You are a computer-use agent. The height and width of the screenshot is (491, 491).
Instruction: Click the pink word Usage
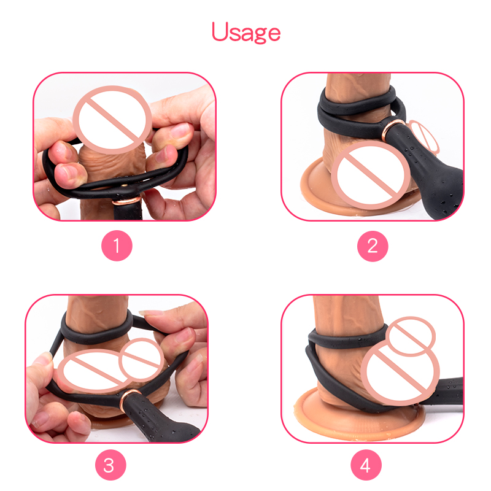click(x=246, y=33)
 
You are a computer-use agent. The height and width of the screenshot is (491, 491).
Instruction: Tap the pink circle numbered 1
click(x=117, y=245)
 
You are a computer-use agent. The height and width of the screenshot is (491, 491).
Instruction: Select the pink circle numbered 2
click(x=373, y=246)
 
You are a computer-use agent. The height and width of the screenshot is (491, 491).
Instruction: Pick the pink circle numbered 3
click(x=110, y=465)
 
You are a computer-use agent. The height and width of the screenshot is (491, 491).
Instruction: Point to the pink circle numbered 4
click(x=366, y=465)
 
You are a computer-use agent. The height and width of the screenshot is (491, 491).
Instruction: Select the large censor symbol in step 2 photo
click(x=371, y=176)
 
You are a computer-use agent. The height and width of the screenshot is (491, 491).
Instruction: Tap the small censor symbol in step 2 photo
click(x=423, y=136)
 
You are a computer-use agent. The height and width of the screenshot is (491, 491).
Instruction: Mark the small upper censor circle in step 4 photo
click(x=411, y=336)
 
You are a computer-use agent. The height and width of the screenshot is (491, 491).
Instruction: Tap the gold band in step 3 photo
click(x=130, y=398)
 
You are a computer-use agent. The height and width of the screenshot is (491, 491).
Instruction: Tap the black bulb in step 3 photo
click(x=157, y=420)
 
